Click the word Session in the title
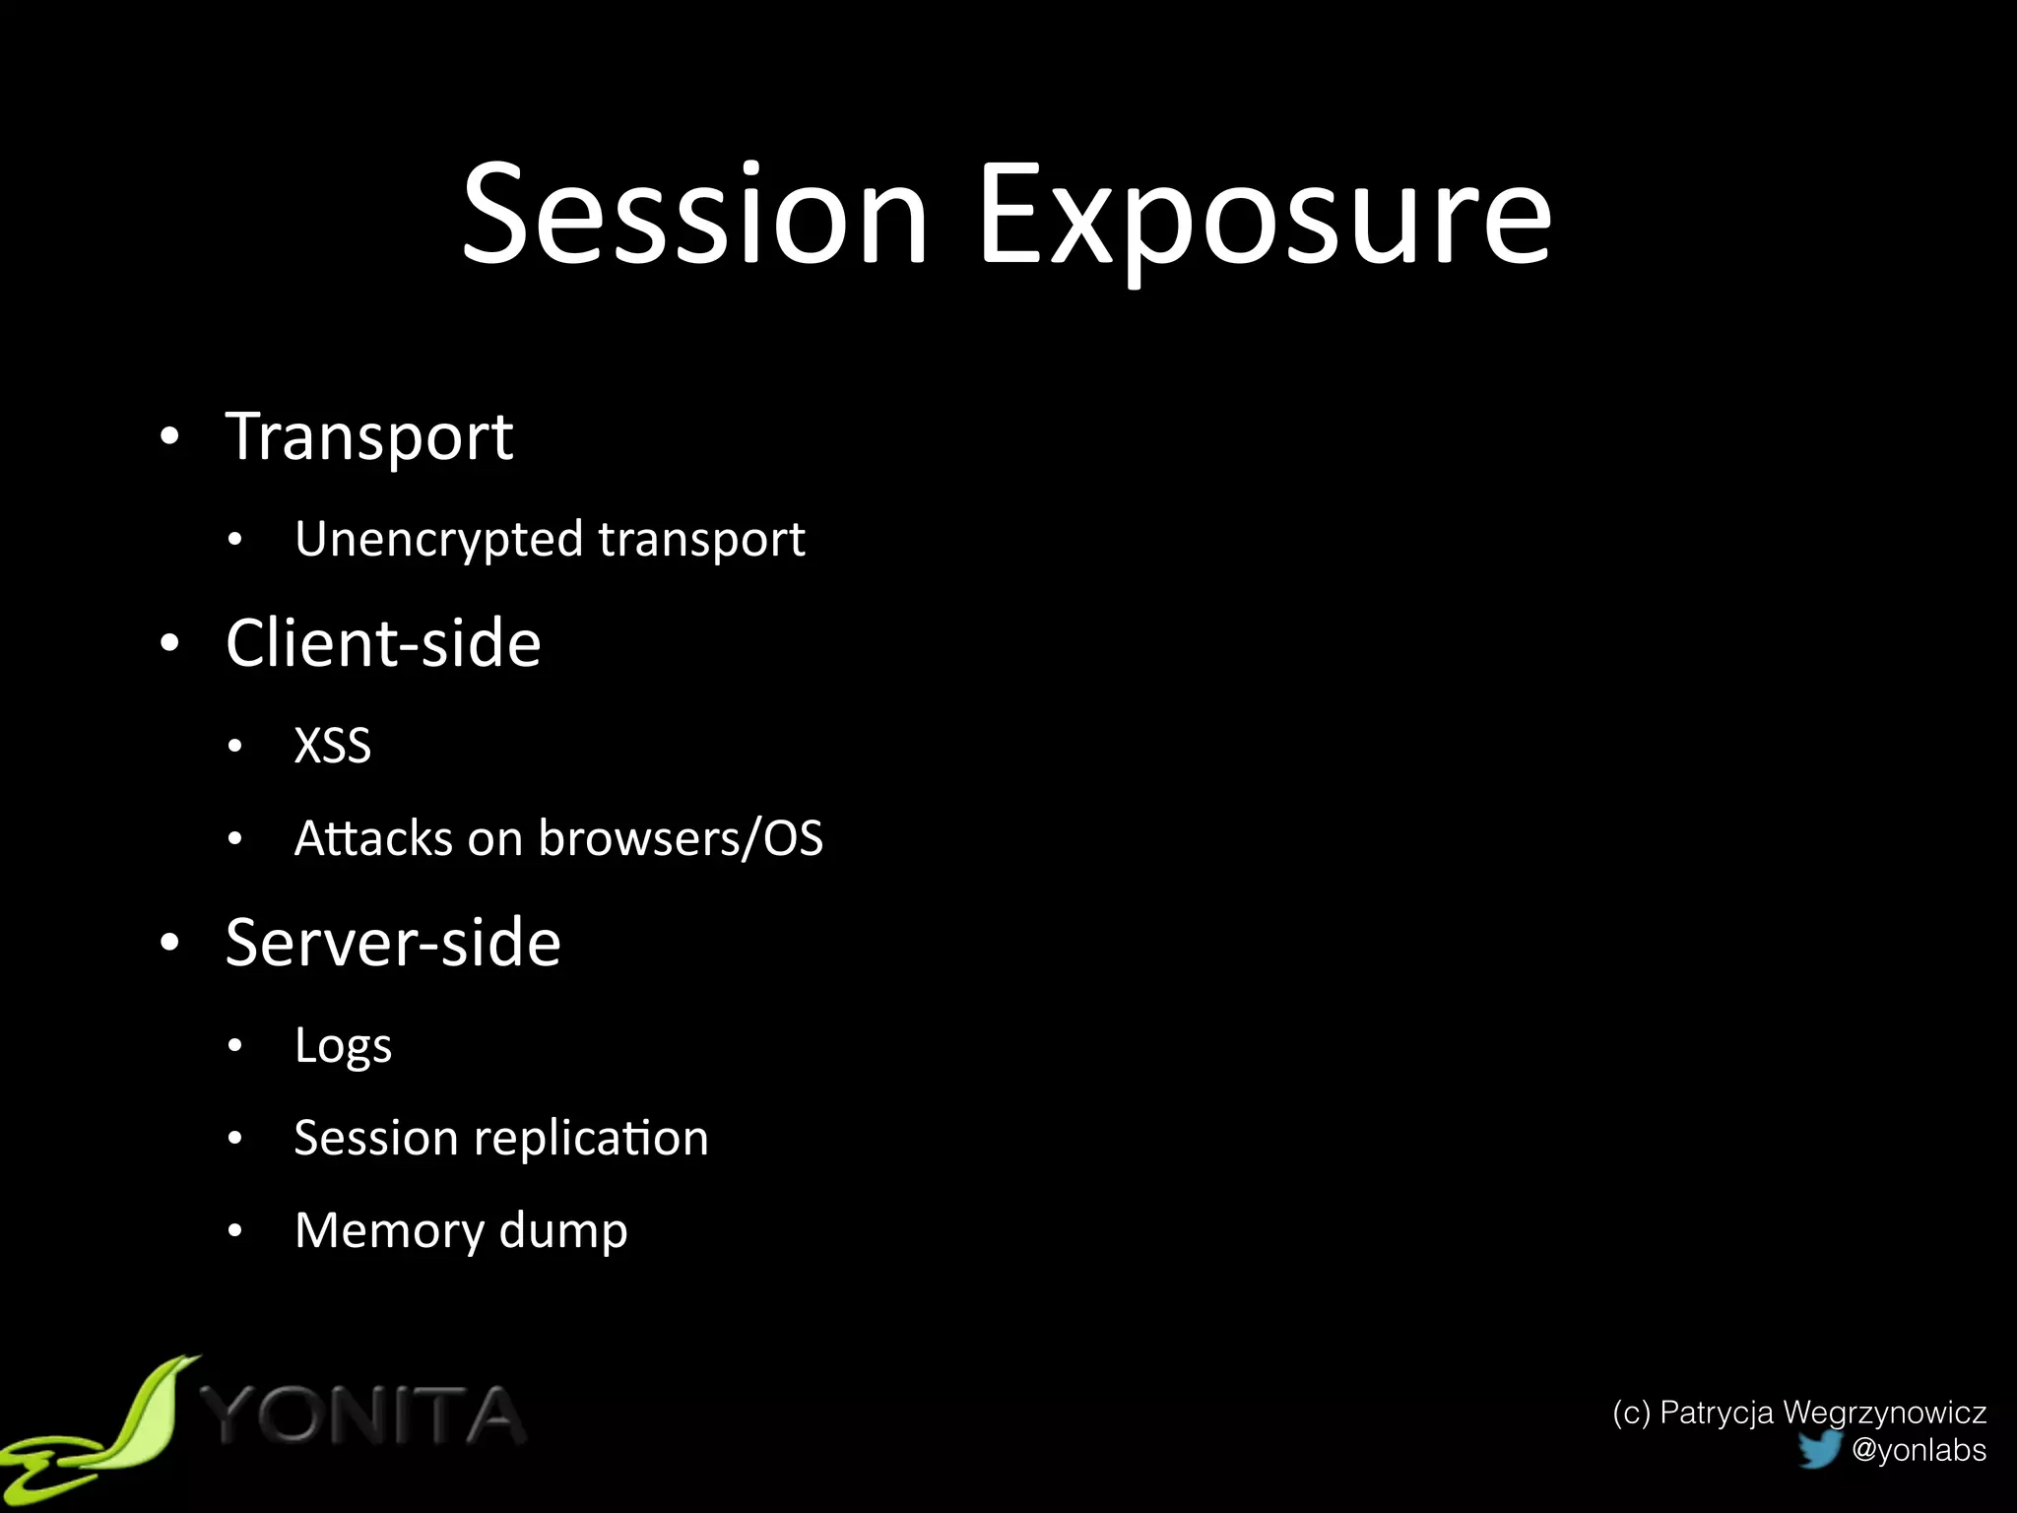[695, 215]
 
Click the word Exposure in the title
[1265, 219]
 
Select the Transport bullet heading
[369, 437]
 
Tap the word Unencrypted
[439, 540]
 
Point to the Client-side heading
[383, 643]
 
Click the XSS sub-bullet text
[333, 746]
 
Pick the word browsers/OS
[681, 838]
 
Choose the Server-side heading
[393, 943]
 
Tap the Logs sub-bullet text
[343, 1046]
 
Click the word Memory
[389, 1231]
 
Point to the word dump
[563, 1231]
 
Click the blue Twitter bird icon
[1819, 1449]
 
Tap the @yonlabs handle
[1919, 1450]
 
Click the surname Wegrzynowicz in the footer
[1884, 1413]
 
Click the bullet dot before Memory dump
[234, 1230]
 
